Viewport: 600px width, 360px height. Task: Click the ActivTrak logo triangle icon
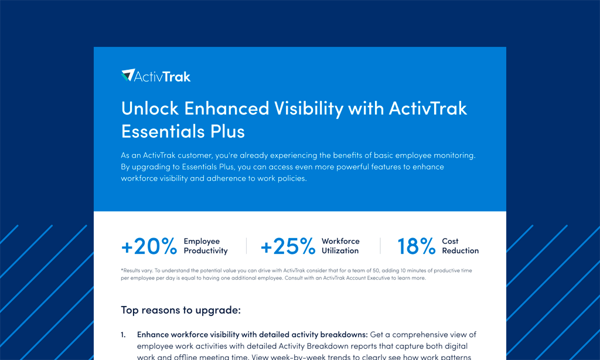[x=128, y=75]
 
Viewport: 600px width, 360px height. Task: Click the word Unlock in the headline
[x=150, y=108]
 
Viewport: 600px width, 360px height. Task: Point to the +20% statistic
[x=149, y=246]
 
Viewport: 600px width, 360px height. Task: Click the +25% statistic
[x=288, y=246]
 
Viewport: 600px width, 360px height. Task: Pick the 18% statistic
[x=417, y=246]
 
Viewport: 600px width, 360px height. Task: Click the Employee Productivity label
[x=206, y=246]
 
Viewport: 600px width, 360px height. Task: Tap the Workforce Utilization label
[x=340, y=246]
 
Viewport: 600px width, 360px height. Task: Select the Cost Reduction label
[x=461, y=246]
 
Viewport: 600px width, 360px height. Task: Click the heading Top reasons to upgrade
[x=180, y=310]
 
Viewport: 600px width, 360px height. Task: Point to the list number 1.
[x=123, y=335]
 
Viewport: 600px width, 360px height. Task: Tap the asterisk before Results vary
[x=122, y=270]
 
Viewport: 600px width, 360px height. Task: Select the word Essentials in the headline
[x=163, y=131]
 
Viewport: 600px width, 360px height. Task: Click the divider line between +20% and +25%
[x=246, y=246]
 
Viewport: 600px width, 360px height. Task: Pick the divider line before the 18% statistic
[x=380, y=246]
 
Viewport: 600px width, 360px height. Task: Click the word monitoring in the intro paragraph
[x=456, y=155]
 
